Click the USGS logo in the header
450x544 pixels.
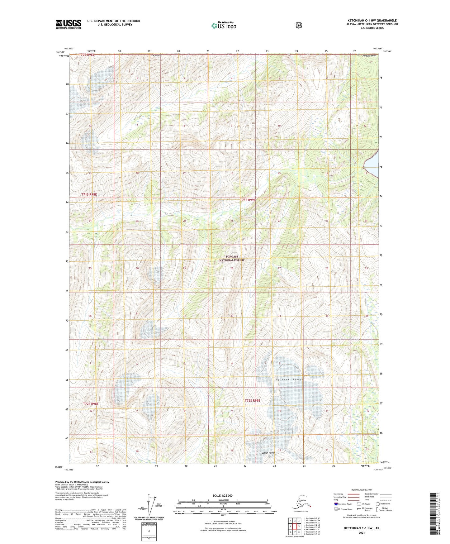click(x=69, y=24)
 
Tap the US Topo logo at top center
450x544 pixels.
click(x=224, y=25)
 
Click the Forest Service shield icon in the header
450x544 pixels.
click(x=299, y=25)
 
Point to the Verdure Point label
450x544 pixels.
click(x=369, y=56)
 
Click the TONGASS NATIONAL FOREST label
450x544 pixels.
click(x=232, y=258)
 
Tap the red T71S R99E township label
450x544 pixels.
click(x=248, y=200)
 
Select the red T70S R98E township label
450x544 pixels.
click(x=87, y=55)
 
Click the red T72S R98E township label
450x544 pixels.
click(x=91, y=404)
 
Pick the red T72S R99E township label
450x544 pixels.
click(x=252, y=400)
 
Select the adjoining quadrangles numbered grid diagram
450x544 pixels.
click(x=295, y=527)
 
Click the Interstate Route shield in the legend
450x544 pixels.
click(x=336, y=504)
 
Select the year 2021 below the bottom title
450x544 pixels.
click(x=361, y=532)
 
